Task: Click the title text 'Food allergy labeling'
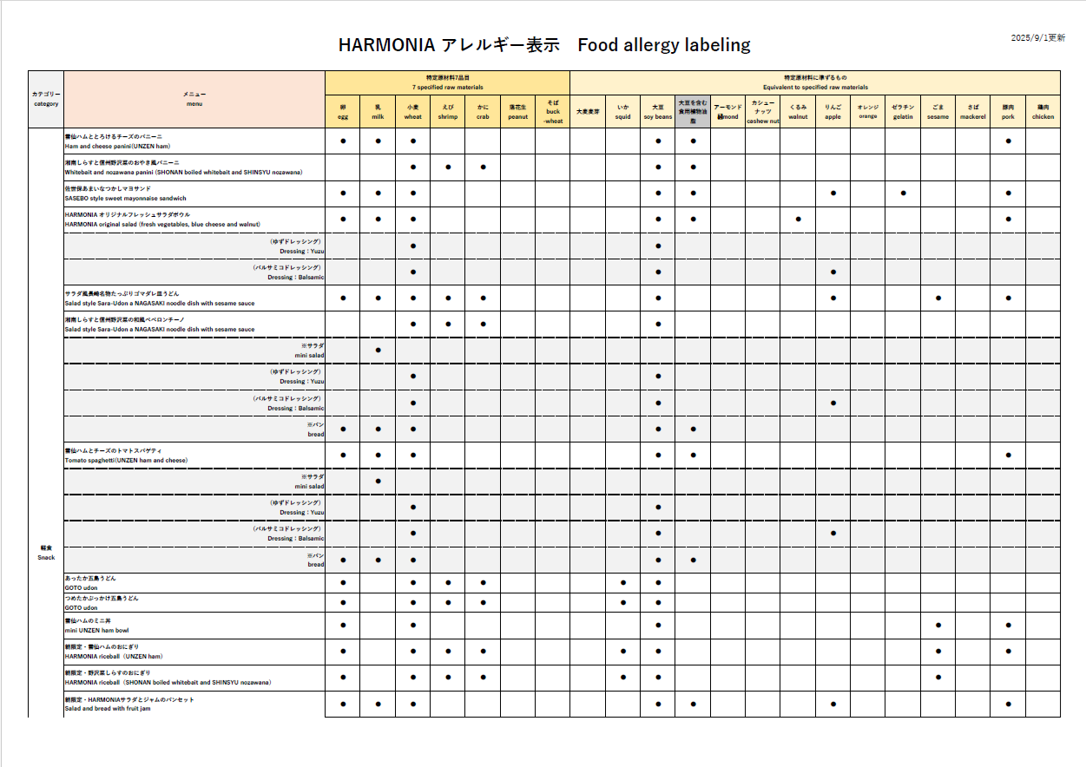pos(663,45)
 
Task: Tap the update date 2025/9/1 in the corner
pos(1038,38)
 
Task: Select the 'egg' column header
pos(343,112)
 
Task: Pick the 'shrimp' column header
pos(448,112)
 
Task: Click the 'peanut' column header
pos(518,112)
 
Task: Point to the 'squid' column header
pos(623,112)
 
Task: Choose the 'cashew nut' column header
pos(763,112)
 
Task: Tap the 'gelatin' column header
pos(903,112)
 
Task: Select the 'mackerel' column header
pos(973,112)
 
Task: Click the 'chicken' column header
pos(1043,112)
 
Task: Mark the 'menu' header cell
pos(194,98)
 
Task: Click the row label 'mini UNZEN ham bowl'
pos(97,630)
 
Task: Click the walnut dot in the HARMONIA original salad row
pos(798,220)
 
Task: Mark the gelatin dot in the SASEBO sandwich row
pos(903,193)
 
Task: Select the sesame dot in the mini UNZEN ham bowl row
pos(938,625)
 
